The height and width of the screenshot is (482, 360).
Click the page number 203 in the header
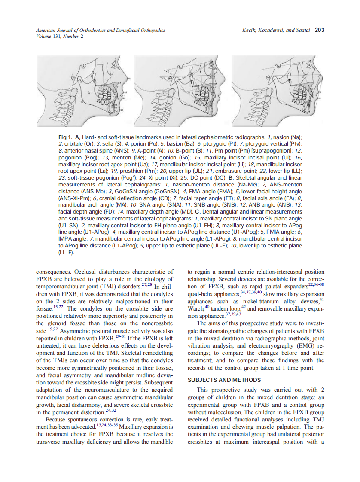pyautogui.click(x=319, y=30)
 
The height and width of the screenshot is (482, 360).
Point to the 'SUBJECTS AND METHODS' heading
pyautogui.click(x=224, y=380)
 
